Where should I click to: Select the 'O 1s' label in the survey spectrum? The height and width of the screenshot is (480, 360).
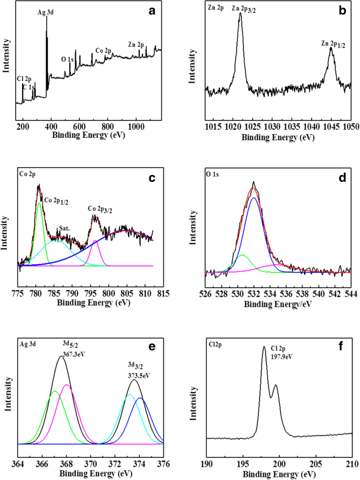pos(68,59)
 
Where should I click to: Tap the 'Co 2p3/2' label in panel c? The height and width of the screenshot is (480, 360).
pos(104,210)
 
